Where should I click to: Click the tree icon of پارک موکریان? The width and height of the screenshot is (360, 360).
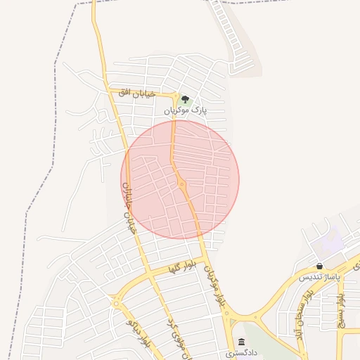[x=185, y=99]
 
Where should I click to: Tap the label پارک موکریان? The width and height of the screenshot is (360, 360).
[x=186, y=111]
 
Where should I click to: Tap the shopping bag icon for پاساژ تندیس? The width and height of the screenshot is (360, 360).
[x=320, y=266]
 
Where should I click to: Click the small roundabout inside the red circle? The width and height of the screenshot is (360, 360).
[x=181, y=184]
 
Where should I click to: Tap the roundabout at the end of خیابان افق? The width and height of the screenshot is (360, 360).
[x=174, y=95]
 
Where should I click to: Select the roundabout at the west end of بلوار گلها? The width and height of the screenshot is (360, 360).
[x=115, y=301]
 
